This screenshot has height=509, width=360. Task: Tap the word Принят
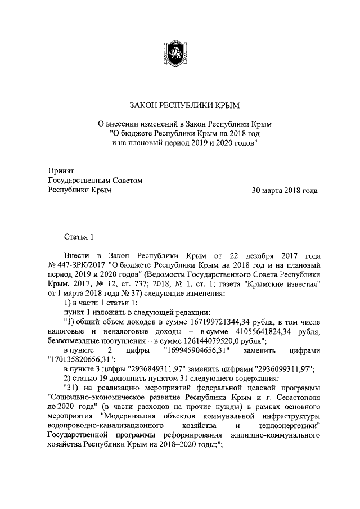point(60,170)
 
